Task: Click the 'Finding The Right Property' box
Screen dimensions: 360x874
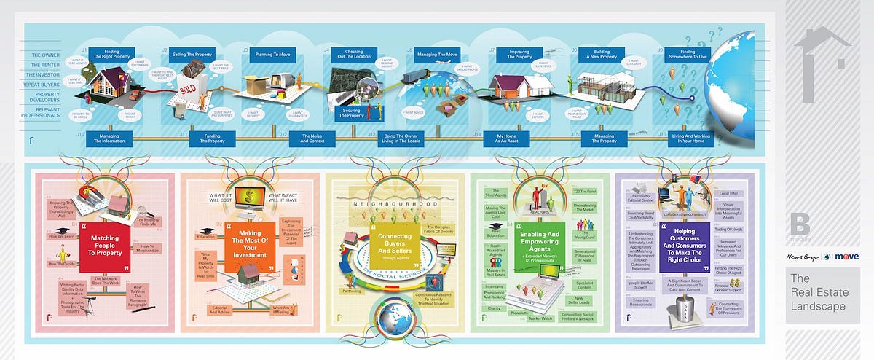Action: click(111, 54)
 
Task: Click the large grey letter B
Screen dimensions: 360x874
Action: click(802, 222)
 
